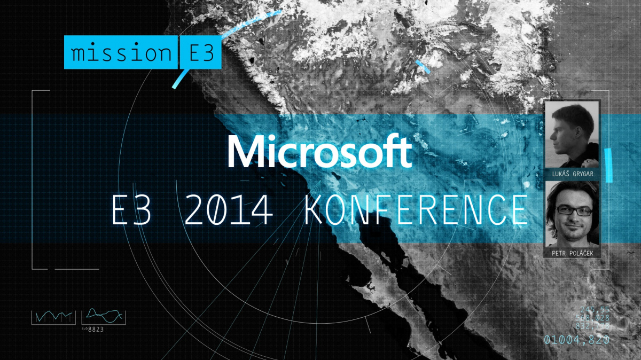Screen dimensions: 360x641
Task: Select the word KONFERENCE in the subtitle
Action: point(415,210)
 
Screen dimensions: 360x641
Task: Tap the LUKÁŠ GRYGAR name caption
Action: point(572,174)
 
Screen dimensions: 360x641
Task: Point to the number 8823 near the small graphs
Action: point(96,328)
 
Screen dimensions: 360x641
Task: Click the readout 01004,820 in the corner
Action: point(576,339)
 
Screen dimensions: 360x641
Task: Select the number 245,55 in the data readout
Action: point(595,310)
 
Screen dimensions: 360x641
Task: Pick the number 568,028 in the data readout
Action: point(592,318)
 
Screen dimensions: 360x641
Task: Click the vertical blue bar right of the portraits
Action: point(607,159)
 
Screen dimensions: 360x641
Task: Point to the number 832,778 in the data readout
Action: point(592,327)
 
